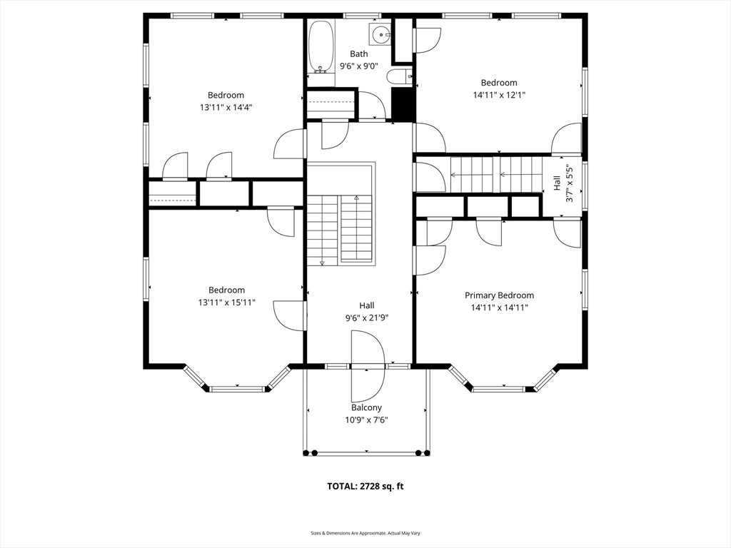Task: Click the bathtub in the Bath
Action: pos(321,46)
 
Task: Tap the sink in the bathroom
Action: pos(381,34)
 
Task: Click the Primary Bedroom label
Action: pos(499,295)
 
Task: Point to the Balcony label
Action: pos(366,407)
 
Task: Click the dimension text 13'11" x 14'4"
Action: pos(226,108)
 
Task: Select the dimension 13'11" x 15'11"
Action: pos(226,303)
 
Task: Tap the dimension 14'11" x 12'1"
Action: pos(499,95)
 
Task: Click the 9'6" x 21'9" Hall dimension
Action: pos(367,318)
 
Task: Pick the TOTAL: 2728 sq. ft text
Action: pos(365,487)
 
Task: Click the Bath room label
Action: pos(359,54)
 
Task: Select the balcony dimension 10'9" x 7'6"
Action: pos(366,420)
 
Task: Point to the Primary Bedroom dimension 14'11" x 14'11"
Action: pos(499,308)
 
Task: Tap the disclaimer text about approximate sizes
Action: pos(365,533)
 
